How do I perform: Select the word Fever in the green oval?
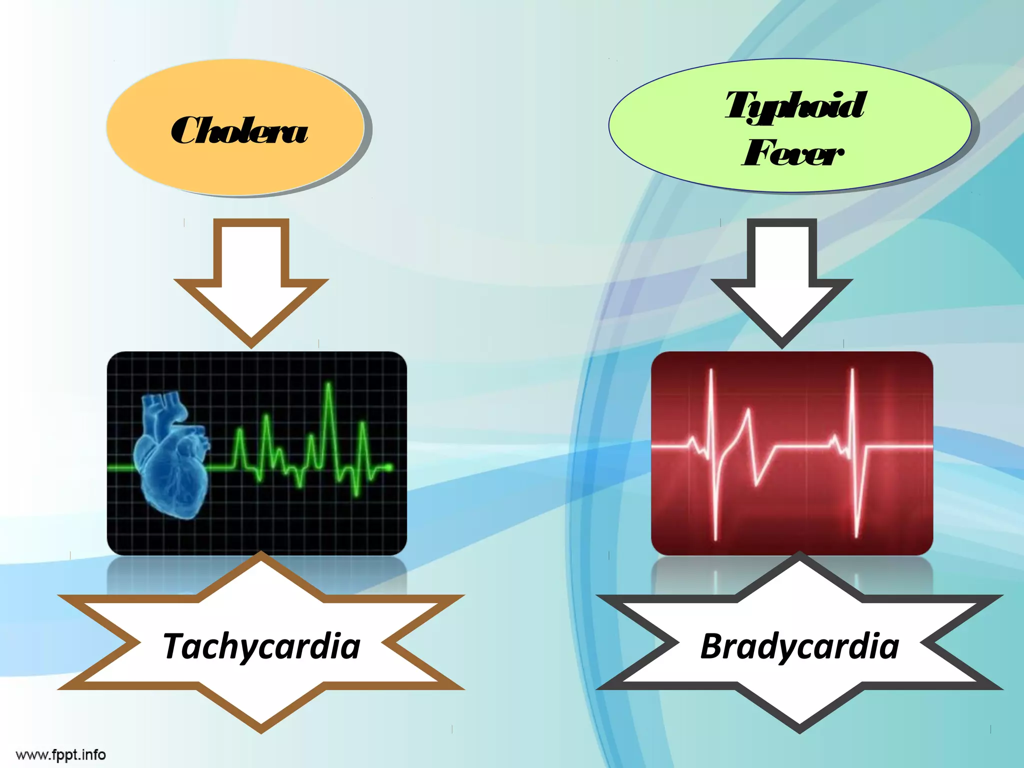tap(793, 153)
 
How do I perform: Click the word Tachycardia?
tap(261, 646)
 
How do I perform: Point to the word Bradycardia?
tap(799, 646)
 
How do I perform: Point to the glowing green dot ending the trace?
tap(389, 467)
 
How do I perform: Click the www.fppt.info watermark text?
tap(61, 754)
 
